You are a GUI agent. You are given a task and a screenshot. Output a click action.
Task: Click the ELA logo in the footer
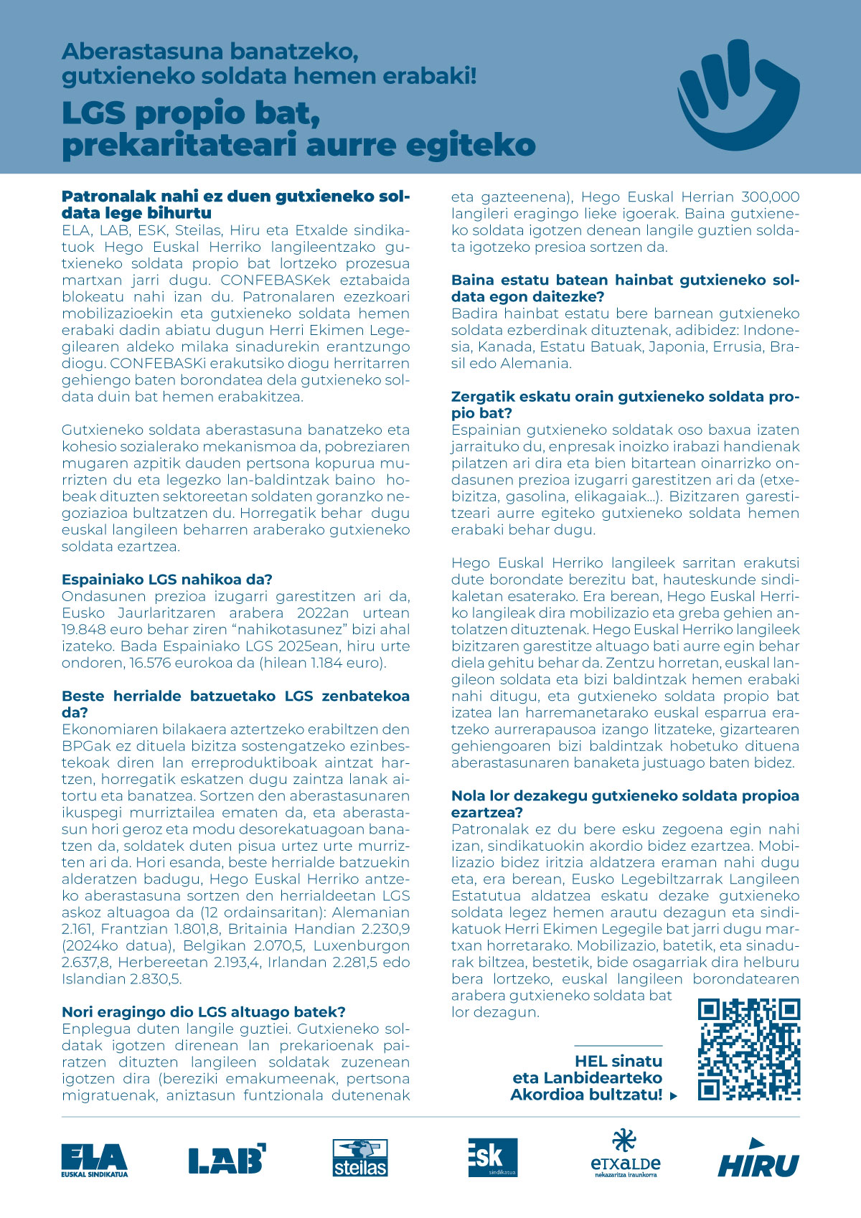click(94, 1159)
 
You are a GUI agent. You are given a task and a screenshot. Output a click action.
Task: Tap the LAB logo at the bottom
click(227, 1158)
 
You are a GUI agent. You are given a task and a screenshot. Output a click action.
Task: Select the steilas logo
click(359, 1158)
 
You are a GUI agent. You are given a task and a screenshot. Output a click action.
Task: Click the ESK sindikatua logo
click(492, 1157)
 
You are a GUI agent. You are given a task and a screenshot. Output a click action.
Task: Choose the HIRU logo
click(758, 1158)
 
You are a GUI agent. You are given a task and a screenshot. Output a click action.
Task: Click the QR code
click(749, 1049)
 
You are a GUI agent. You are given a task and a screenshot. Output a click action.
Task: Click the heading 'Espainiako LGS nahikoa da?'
click(167, 580)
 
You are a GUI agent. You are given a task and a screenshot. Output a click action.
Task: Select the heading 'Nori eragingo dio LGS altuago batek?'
click(204, 1012)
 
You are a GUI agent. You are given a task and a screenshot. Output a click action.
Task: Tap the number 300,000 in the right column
click(770, 197)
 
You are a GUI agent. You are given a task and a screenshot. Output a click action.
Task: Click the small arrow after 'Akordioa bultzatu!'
click(673, 1096)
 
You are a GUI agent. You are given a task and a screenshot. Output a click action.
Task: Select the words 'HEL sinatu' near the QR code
click(618, 1062)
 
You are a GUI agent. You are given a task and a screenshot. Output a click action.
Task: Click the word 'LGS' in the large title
click(94, 113)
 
